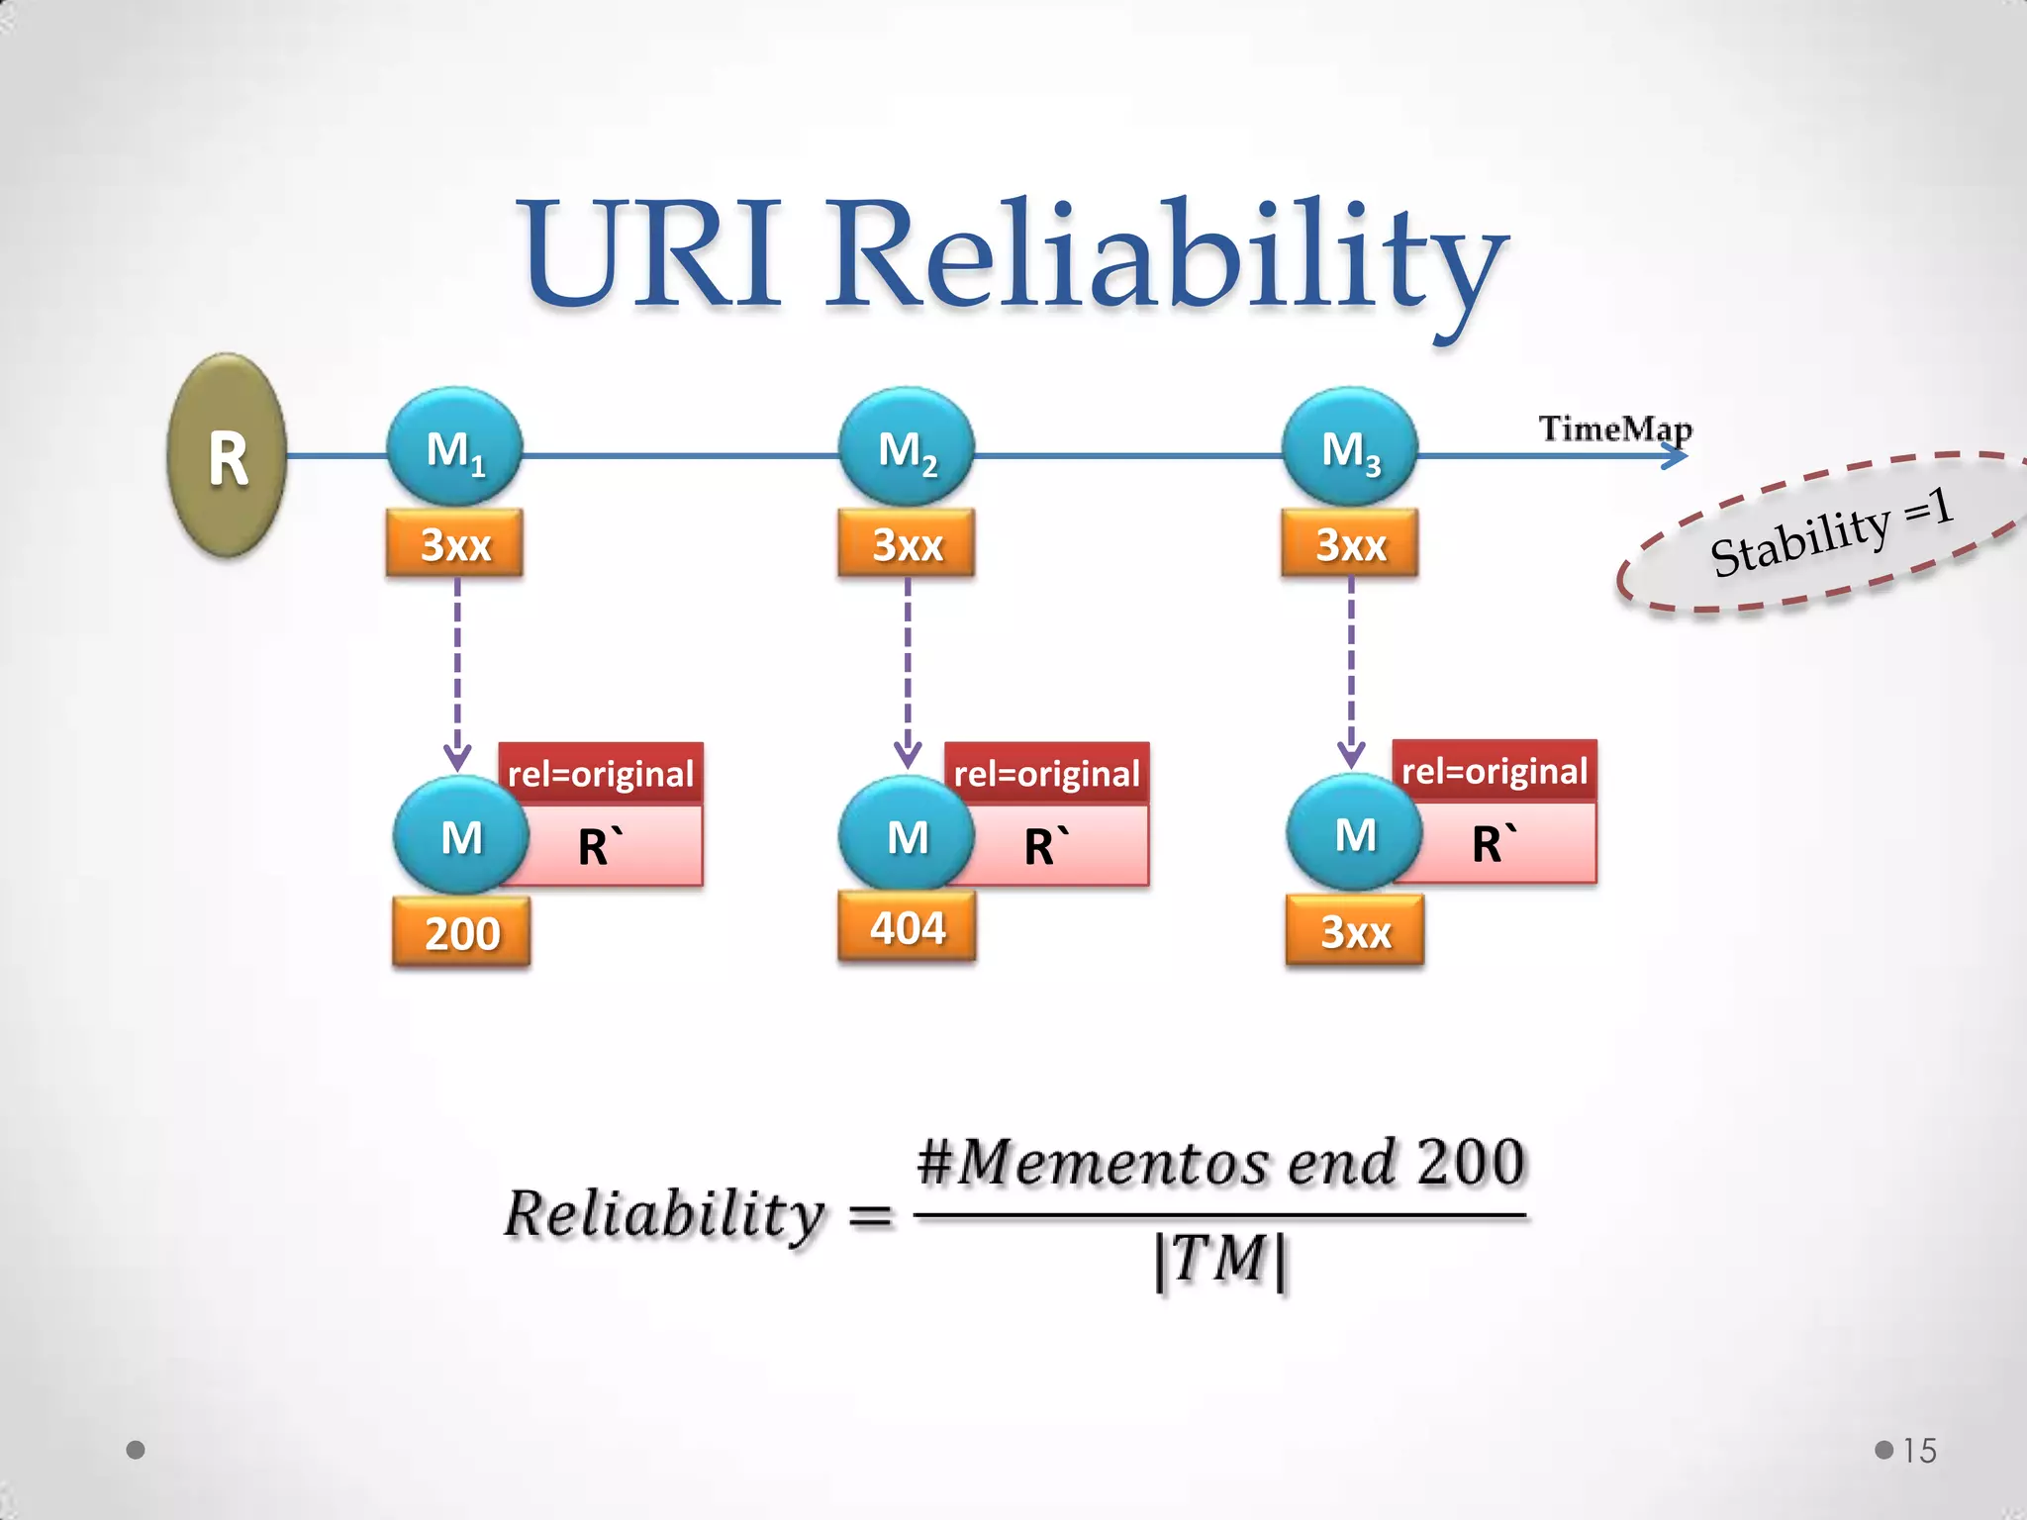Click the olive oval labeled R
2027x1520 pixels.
point(228,456)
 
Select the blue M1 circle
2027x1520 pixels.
point(454,447)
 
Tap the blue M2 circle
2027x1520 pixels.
point(907,447)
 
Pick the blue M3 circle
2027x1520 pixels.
point(1350,447)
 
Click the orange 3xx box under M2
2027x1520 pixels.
point(907,543)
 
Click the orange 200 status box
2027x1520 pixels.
point(462,932)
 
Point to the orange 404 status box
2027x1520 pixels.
point(907,927)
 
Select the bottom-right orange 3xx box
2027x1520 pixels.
point(1355,930)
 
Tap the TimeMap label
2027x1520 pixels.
point(1615,428)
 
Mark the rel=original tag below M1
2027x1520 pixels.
point(601,773)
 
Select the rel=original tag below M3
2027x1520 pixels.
point(1495,770)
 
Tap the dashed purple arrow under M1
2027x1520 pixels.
point(457,673)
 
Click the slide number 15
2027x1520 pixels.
point(1919,1451)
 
